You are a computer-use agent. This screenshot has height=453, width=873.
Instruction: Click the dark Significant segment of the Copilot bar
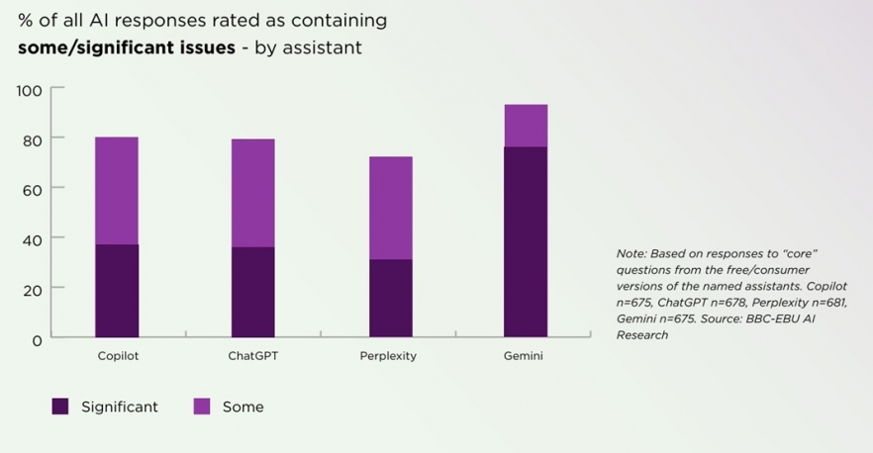pos(117,291)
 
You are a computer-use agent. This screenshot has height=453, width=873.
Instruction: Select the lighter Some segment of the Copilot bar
pos(117,190)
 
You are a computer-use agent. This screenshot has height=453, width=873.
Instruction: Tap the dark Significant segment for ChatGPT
pos(252,292)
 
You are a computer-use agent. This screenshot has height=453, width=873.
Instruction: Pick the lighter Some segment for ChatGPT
pos(252,192)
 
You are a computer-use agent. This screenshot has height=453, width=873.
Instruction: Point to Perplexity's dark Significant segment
pos(390,298)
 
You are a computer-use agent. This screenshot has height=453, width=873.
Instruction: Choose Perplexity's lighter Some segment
pos(390,208)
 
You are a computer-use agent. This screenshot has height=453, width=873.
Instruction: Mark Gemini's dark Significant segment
pos(525,241)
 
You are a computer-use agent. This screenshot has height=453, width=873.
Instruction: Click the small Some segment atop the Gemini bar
pos(525,126)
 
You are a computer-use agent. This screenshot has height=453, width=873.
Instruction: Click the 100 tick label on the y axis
pos(30,91)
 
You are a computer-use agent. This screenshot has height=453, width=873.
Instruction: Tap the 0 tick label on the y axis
pos(38,340)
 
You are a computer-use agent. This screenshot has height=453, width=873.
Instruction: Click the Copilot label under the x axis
pos(117,356)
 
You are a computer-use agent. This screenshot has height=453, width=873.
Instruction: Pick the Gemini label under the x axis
pos(525,356)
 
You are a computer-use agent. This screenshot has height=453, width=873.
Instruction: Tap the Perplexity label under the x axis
pos(388,356)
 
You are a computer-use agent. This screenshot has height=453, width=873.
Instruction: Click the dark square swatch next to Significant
pos(60,407)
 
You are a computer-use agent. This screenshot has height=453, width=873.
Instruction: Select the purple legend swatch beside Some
pos(201,407)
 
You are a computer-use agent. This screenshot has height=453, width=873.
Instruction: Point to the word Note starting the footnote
pos(630,254)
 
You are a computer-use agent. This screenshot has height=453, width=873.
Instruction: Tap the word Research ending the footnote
pos(641,335)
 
